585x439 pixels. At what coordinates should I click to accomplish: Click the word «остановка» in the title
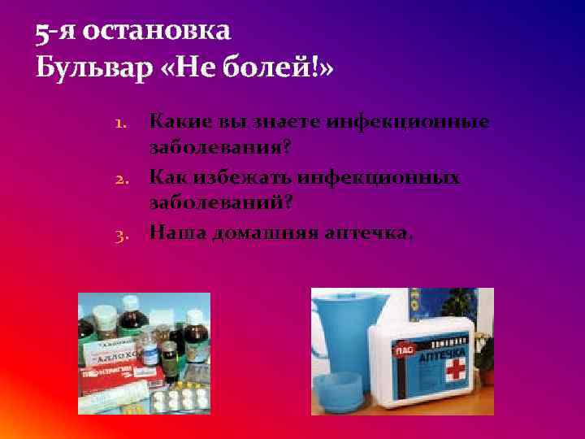157,31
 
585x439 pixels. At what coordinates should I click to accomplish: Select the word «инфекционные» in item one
409,122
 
